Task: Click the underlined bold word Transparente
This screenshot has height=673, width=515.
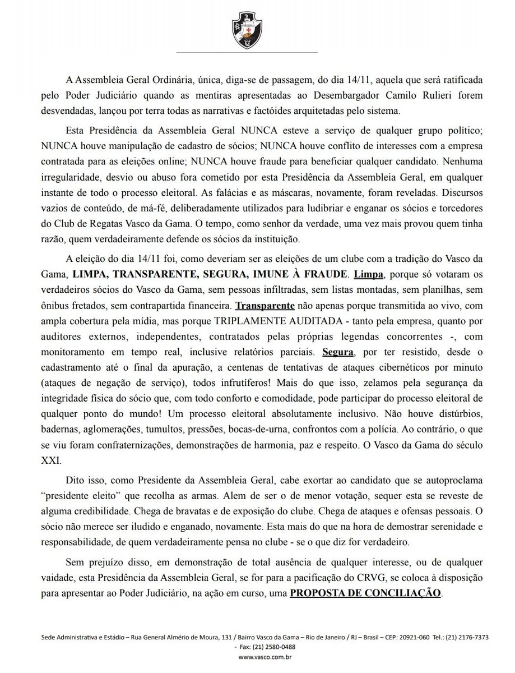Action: coord(265,305)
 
